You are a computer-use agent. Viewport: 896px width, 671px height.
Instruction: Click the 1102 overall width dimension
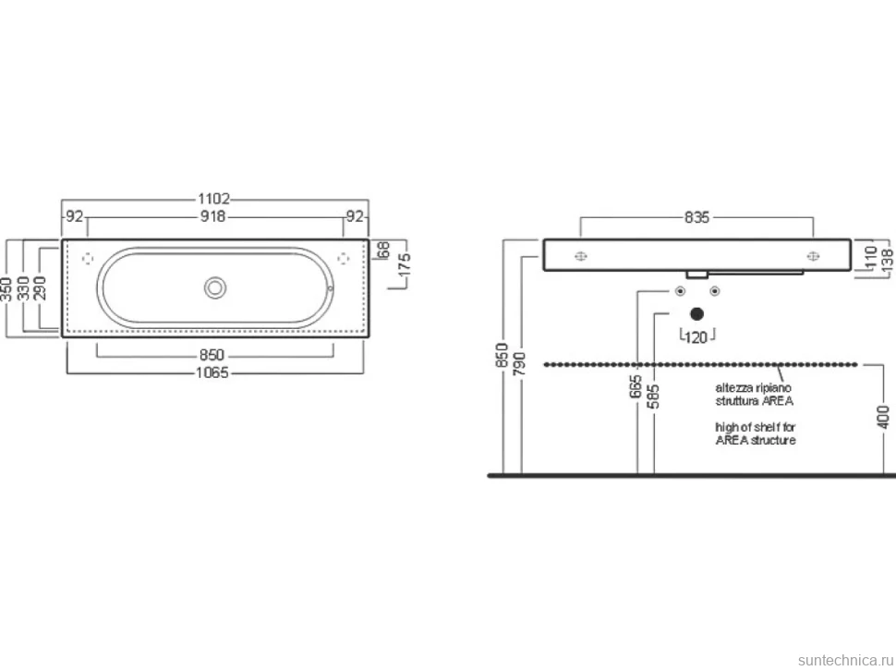coord(213,199)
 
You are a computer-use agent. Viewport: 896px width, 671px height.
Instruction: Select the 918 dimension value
coord(212,216)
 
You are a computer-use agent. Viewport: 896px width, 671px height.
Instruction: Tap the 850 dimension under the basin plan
coord(212,355)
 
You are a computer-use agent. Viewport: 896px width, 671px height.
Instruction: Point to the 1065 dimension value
coord(212,372)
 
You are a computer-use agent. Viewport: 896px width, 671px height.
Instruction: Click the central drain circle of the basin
coord(215,287)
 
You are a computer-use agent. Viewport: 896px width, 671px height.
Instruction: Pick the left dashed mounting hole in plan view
coord(88,259)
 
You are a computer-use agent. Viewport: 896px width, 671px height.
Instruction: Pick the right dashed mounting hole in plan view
coord(344,259)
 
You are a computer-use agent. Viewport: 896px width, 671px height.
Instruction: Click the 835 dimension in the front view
coord(696,217)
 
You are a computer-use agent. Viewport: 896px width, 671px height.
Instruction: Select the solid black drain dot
coord(696,314)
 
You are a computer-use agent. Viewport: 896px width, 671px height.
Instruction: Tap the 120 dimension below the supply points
coord(696,337)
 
